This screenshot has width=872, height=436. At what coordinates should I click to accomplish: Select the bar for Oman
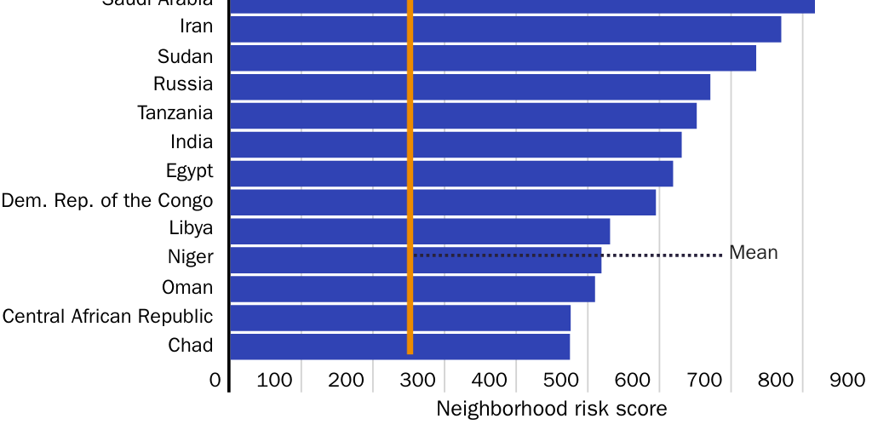coord(502,289)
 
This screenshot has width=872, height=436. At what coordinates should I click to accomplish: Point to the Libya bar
coord(511,232)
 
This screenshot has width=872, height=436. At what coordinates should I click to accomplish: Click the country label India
coord(192,141)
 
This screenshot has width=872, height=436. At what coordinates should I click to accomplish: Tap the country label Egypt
coord(189,171)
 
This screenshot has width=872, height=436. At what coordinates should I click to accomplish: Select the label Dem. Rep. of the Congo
coord(107,201)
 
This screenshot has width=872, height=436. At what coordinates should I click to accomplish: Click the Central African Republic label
coord(107,317)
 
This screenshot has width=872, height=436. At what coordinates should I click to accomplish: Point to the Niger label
coord(191,257)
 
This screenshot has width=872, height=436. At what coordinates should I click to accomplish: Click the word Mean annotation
coord(754,253)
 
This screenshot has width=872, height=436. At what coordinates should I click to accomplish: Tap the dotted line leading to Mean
coord(664,255)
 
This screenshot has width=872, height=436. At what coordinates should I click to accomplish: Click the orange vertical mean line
coord(410,170)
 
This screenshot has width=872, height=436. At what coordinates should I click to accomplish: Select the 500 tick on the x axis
coord(561,380)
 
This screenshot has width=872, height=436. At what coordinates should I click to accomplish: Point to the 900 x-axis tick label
coord(847,380)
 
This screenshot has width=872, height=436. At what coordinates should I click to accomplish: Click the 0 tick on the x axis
coord(215,380)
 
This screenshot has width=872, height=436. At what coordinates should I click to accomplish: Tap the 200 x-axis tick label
coord(346,380)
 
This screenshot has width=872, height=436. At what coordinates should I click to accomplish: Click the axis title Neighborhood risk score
coord(551,409)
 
